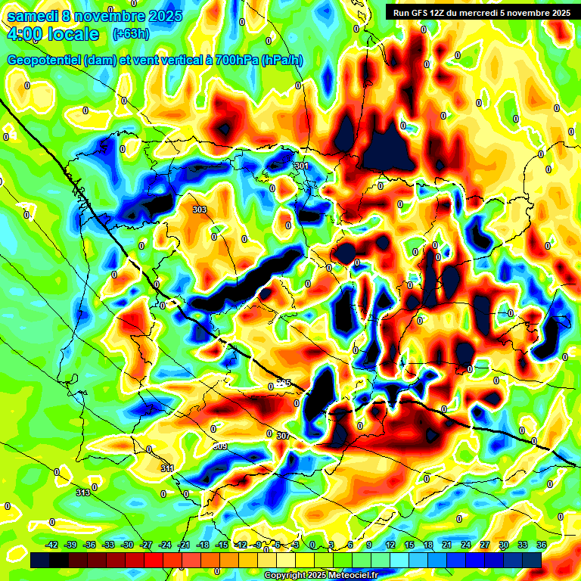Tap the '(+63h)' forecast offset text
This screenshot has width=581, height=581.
[130, 34]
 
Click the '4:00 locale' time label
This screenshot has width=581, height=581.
[53, 34]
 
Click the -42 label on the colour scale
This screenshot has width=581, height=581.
[52, 545]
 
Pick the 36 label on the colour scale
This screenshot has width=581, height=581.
[542, 545]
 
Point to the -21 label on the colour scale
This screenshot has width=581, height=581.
[184, 545]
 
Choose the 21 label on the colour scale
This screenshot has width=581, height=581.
[447, 545]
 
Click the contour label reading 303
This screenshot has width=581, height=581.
[200, 210]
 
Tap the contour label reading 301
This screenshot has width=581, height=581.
[302, 166]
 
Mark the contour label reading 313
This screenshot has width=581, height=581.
[83, 492]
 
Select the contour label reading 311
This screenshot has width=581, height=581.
[167, 469]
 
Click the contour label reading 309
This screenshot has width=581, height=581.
[220, 446]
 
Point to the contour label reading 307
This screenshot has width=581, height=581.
[283, 436]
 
